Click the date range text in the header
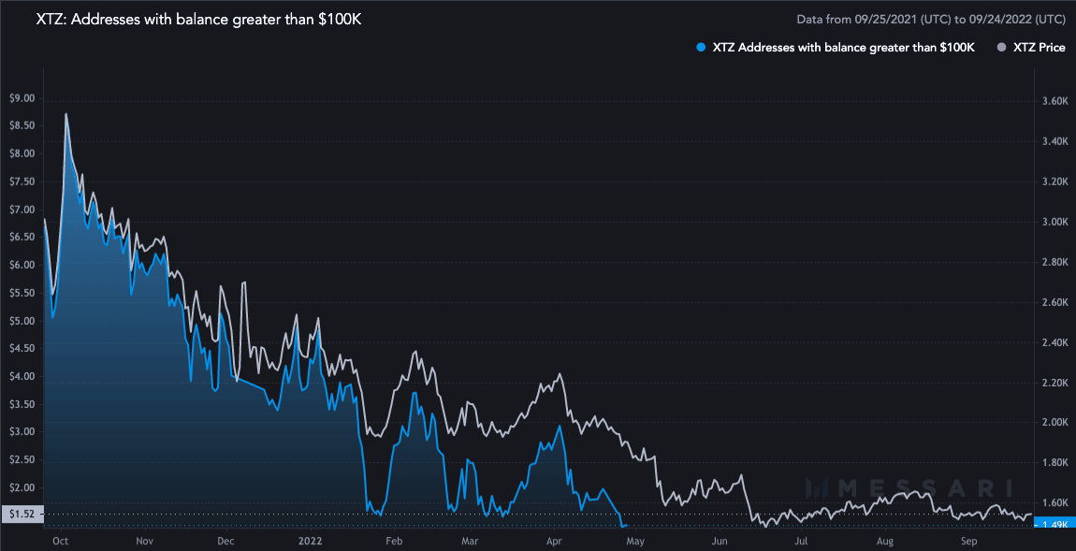click(x=930, y=19)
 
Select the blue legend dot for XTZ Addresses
click(x=701, y=47)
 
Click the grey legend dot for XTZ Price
click(x=1003, y=47)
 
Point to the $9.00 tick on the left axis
click(x=21, y=98)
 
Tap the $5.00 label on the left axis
click(x=21, y=321)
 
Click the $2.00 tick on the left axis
click(x=21, y=487)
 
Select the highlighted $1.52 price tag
click(x=20, y=514)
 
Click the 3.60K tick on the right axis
click(x=1054, y=101)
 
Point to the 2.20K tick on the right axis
click(x=1054, y=383)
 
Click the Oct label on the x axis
click(x=60, y=541)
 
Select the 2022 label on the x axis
click(x=311, y=541)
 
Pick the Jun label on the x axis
click(x=720, y=541)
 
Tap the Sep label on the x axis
click(x=968, y=541)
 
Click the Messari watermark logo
click(x=909, y=487)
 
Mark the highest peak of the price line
click(x=65, y=114)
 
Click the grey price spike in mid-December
click(x=244, y=283)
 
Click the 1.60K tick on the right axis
click(x=1054, y=503)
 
